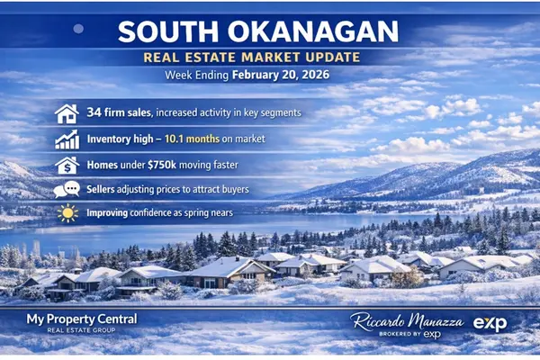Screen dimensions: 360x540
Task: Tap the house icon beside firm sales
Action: click(66, 114)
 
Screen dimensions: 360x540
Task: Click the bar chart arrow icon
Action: click(66, 139)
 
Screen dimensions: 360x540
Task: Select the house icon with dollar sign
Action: click(66, 165)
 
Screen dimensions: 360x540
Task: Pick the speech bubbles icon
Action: click(66, 190)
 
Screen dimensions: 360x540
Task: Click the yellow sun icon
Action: click(66, 214)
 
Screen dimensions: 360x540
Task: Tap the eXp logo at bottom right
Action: click(490, 324)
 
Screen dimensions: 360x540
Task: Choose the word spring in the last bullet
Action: click(198, 214)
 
